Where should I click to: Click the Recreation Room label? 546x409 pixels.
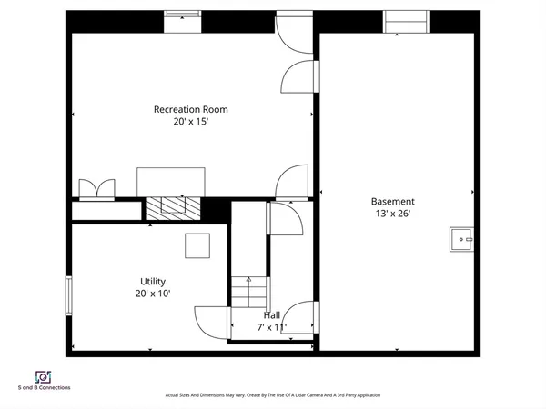click(190, 109)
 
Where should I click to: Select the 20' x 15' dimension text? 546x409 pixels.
click(190, 122)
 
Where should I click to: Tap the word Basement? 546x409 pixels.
click(392, 201)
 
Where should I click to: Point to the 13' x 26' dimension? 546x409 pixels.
click(392, 214)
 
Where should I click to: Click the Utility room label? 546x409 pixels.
click(153, 281)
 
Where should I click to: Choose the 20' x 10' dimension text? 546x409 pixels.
click(153, 294)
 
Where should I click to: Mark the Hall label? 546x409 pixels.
click(271, 314)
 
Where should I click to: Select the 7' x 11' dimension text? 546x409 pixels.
click(271, 327)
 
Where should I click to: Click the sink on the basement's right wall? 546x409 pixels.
click(461, 239)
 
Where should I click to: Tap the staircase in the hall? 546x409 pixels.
click(248, 294)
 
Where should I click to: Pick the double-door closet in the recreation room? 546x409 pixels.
click(97, 189)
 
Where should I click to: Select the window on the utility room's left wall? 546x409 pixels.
click(68, 296)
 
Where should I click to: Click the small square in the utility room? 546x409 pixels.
click(197, 246)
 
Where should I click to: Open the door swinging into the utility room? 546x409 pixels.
click(209, 320)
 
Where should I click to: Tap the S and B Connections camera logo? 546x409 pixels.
click(43, 376)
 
